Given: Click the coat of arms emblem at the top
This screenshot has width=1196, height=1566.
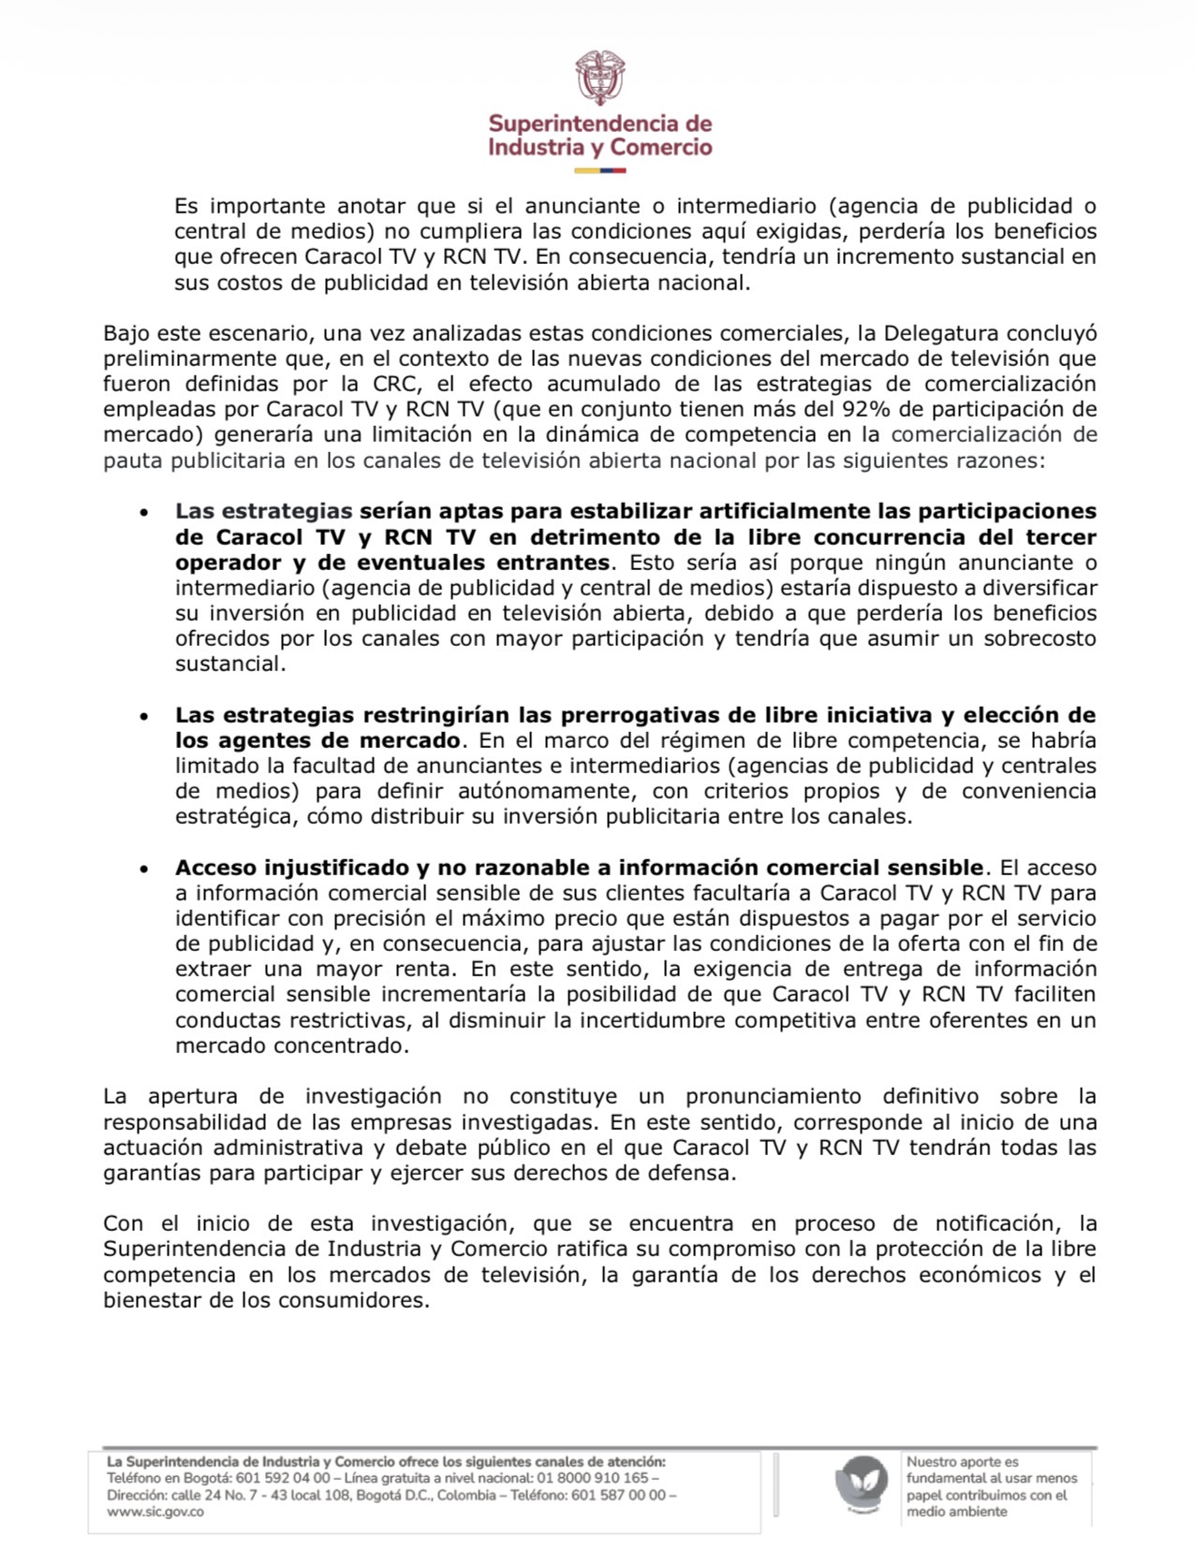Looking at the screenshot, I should point(599,78).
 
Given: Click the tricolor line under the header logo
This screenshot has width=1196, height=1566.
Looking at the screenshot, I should point(599,170).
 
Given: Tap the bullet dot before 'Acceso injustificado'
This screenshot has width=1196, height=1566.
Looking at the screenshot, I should point(143,869).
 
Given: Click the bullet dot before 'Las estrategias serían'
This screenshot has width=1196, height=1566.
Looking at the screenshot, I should point(143,513).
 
